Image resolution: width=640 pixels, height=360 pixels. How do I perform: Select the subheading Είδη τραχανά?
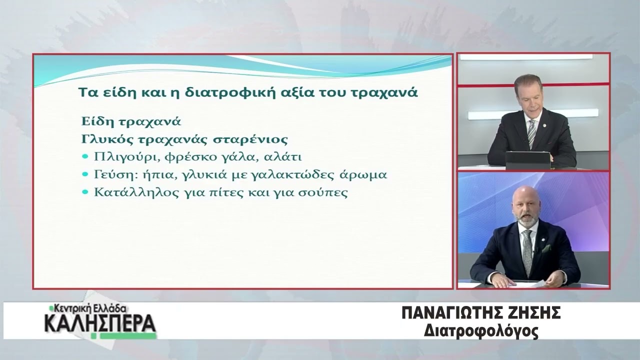tap(131, 121)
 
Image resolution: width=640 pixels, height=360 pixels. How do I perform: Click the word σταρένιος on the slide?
tap(250, 139)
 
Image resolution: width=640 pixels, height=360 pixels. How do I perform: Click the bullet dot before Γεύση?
tap(85, 174)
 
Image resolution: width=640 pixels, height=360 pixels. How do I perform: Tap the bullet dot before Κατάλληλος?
tap(85, 192)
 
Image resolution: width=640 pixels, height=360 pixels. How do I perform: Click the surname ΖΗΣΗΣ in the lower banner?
tap(532, 313)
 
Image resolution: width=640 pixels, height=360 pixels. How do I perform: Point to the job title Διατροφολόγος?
tap(481, 331)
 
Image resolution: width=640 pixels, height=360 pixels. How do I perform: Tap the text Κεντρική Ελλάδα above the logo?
tap(88, 309)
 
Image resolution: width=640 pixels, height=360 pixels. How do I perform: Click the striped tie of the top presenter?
tap(531, 133)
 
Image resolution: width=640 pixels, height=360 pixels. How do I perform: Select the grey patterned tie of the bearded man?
tap(527, 252)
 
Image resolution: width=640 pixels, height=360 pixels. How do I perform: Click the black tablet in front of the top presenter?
tap(528, 160)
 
